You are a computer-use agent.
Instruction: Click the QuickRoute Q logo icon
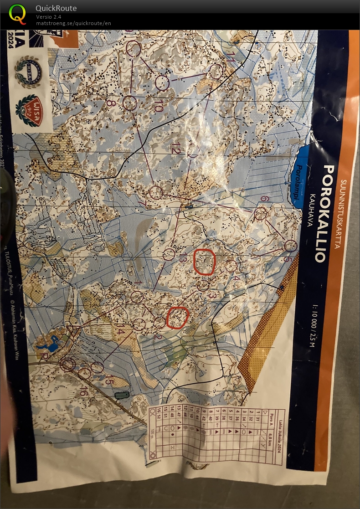(x=18, y=14)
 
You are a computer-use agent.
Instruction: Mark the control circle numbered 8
(x=129, y=104)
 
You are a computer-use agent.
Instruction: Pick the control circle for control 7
(x=156, y=193)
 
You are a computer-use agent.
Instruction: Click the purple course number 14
(x=120, y=331)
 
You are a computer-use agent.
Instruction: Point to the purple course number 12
(x=176, y=148)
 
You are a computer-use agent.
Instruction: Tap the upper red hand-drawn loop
(x=204, y=262)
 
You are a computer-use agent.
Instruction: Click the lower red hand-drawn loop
(x=177, y=318)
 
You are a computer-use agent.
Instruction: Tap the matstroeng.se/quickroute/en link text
(x=73, y=23)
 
